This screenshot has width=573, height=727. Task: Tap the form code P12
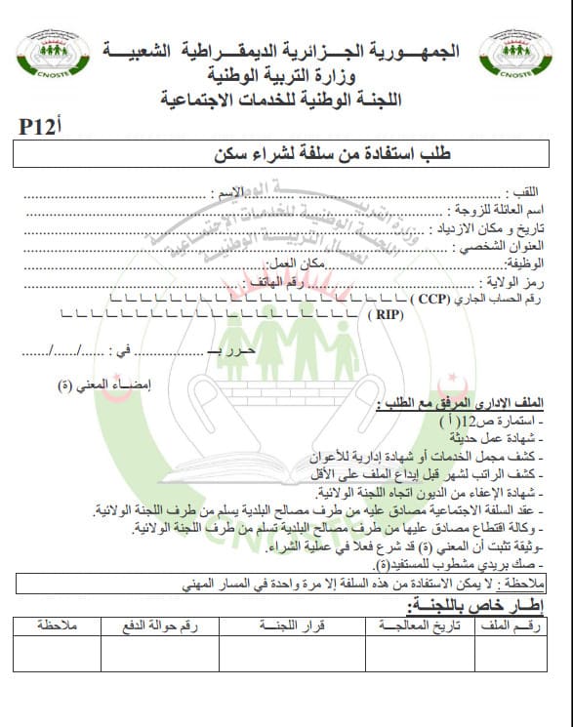[41, 125]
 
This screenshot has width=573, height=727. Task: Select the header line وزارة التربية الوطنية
[283, 75]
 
